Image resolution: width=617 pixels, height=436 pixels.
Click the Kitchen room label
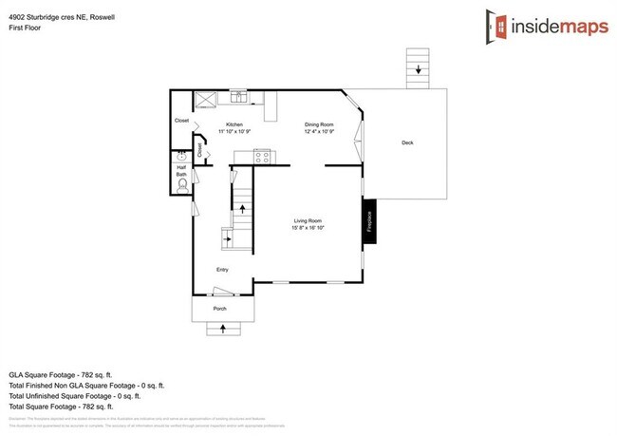(234, 124)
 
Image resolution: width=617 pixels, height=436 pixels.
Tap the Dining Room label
(319, 124)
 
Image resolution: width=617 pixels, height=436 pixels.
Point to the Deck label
(407, 142)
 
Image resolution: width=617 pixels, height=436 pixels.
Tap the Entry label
(223, 269)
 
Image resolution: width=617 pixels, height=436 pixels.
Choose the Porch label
(219, 310)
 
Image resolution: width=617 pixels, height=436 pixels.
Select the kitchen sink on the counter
(237, 96)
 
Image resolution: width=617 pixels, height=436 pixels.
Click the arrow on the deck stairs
(416, 67)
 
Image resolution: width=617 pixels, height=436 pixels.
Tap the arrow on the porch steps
(224, 330)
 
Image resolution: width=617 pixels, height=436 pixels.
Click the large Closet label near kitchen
(181, 121)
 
